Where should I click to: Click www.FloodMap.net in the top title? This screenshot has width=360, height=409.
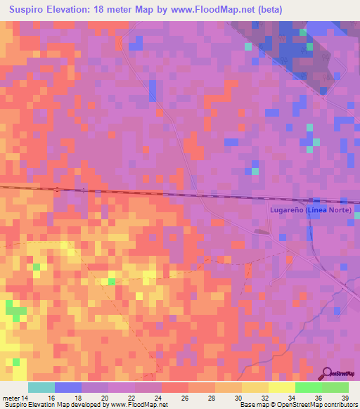pos(221,10)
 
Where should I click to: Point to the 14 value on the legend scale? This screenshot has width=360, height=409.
pos(26,397)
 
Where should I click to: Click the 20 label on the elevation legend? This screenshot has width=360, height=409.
pos(105,397)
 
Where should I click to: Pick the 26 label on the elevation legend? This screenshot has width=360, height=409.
pos(185,397)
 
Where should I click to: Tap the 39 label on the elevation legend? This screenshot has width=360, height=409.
pos(344,397)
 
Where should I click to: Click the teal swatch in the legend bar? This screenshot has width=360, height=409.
pos(41,387)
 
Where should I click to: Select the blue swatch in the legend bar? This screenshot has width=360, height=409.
pos(68,387)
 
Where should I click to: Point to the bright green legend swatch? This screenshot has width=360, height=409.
pos(309,387)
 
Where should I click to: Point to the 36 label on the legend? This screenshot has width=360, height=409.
pos(317,397)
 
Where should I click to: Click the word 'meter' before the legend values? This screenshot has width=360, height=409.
pos(12,397)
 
